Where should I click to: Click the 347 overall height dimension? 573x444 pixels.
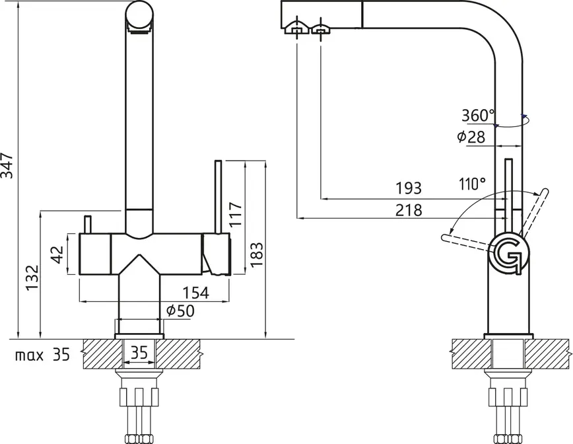click(7, 166)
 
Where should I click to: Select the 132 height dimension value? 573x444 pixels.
click(32, 277)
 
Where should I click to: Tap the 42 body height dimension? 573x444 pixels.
click(57, 254)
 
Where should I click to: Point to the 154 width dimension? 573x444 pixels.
click(195, 293)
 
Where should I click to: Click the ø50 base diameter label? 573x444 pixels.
click(180, 311)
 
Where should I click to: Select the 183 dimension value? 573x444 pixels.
click(257, 254)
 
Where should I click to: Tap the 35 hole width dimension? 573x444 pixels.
click(139, 353)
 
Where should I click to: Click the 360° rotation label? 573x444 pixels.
click(478, 116)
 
